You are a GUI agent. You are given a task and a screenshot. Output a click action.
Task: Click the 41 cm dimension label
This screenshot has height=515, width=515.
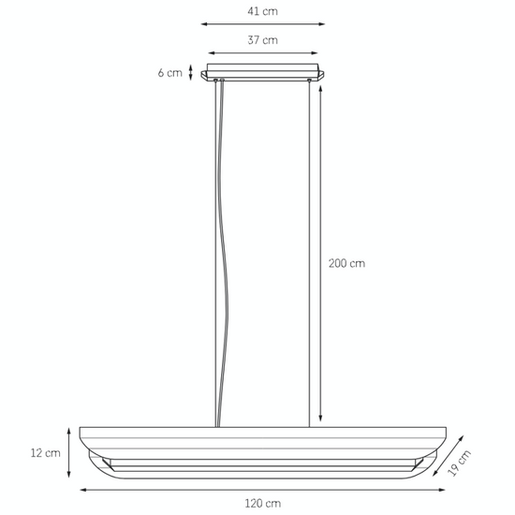point(263,11)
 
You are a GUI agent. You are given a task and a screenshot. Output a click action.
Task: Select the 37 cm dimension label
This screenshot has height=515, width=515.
point(263,40)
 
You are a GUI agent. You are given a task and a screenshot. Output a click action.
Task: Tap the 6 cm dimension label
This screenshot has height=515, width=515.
point(169,72)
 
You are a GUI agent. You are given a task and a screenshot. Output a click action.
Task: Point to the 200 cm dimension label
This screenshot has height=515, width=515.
point(346,264)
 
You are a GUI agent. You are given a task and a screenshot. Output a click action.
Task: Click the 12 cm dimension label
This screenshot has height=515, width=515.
point(45,452)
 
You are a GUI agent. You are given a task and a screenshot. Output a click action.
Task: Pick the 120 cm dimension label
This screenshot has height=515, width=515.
point(262,504)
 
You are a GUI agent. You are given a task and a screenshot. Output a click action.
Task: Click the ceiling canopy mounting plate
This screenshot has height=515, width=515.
point(263,72)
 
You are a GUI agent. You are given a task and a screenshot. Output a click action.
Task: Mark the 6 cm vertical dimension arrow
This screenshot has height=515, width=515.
point(191,72)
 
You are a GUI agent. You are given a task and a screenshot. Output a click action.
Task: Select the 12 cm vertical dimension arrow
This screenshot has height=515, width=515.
point(68,452)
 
